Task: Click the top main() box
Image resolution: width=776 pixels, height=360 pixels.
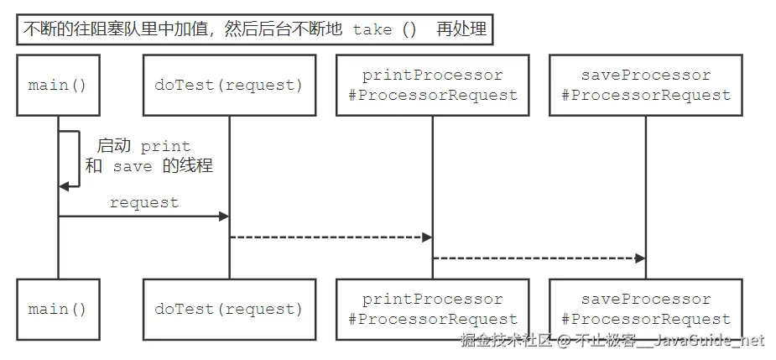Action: (x=58, y=85)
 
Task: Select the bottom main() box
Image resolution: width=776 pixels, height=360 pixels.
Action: (x=58, y=310)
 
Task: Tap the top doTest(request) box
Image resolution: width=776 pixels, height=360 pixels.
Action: (x=229, y=85)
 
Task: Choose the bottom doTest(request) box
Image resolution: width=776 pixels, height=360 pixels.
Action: (x=229, y=310)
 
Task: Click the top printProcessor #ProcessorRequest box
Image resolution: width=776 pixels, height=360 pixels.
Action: (x=433, y=85)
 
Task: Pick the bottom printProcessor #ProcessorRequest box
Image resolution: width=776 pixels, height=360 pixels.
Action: (x=433, y=310)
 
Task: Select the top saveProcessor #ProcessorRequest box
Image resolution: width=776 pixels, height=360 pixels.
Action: (x=645, y=85)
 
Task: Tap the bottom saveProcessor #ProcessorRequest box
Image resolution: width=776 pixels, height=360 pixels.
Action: (x=645, y=310)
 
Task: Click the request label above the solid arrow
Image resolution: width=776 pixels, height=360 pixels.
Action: (x=144, y=202)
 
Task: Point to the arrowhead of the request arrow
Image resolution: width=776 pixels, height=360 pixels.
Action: (x=224, y=217)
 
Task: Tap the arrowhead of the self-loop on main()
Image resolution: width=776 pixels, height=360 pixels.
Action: (x=64, y=186)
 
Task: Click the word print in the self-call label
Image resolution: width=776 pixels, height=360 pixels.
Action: (x=165, y=146)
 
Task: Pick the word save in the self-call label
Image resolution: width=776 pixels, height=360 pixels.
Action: (x=133, y=166)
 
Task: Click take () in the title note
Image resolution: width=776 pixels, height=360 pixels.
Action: (x=384, y=29)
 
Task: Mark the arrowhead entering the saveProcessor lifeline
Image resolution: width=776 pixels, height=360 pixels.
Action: (x=640, y=258)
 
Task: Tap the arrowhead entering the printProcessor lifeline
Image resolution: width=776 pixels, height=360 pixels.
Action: (x=427, y=237)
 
